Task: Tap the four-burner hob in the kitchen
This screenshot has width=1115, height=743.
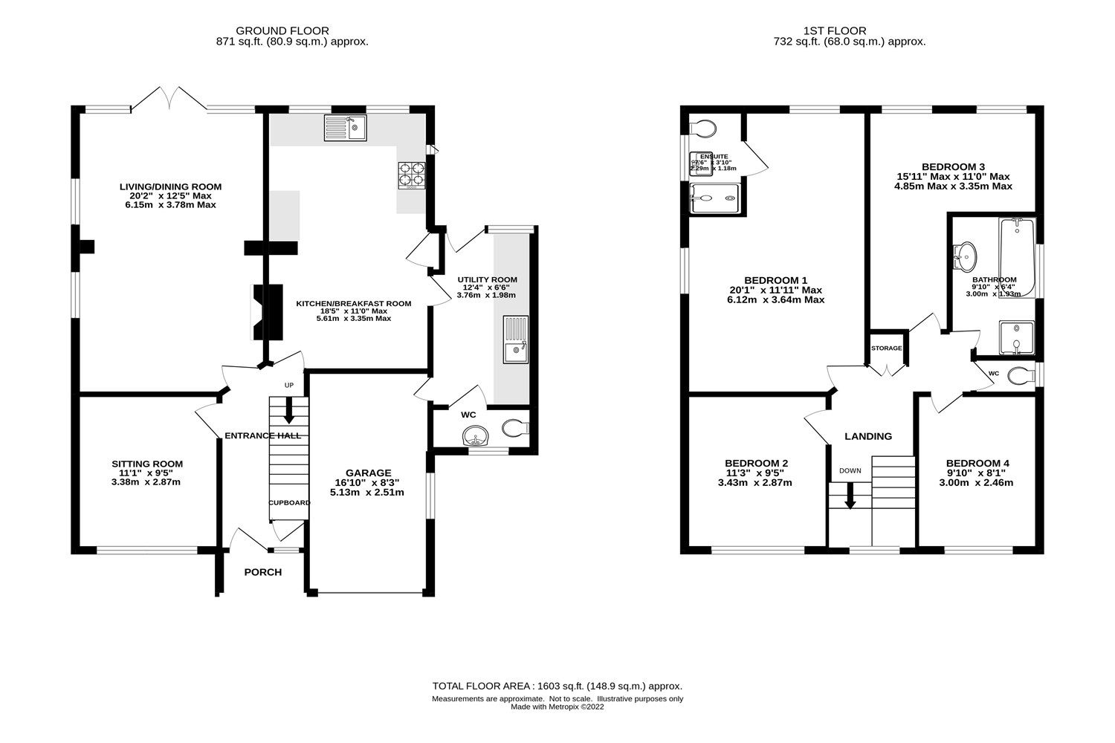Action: click(412, 173)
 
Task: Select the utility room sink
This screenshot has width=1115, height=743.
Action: click(515, 340)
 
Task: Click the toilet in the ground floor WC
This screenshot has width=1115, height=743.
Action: click(515, 428)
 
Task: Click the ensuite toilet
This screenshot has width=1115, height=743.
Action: click(702, 129)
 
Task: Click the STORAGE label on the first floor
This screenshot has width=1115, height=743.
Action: click(887, 348)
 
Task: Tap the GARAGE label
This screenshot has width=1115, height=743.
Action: click(368, 473)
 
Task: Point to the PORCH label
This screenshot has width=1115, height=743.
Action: click(263, 572)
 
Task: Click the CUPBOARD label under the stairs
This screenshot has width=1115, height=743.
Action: click(289, 503)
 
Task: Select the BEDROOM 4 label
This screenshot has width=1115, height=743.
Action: click(977, 463)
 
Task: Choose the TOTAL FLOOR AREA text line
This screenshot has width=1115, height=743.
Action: click(557, 686)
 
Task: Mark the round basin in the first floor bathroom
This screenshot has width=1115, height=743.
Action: click(966, 257)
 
